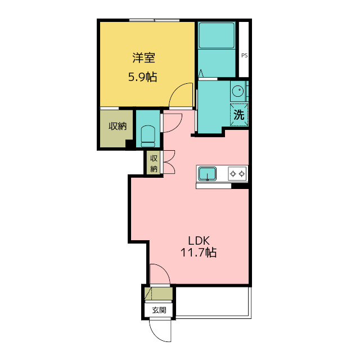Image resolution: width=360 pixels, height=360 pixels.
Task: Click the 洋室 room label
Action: [143, 57]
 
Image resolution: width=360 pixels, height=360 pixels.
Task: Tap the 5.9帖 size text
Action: [142, 77]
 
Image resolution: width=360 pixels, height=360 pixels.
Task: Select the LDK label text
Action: [199, 241]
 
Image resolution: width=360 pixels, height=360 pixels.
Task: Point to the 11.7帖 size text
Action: [199, 253]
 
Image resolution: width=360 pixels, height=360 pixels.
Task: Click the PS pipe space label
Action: [245, 56]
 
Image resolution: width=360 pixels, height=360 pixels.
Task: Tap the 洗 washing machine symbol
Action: [239, 115]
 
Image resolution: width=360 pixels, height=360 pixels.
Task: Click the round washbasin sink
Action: [238, 91]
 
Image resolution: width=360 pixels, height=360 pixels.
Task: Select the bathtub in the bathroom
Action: [217, 35]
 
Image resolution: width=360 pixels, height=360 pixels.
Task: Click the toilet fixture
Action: [148, 136]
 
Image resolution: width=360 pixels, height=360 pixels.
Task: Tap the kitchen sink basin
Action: [208, 173]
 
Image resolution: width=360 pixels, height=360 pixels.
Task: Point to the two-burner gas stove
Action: [237, 174]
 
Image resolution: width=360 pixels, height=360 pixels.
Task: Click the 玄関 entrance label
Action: [159, 310]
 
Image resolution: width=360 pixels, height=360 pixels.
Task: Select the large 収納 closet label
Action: [118, 126]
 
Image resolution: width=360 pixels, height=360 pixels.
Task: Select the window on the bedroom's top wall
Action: [154, 20]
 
